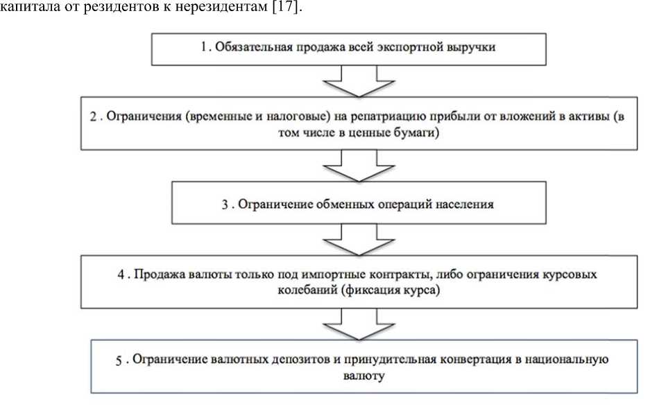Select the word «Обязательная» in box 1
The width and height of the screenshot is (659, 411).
pyautogui.click(x=245, y=48)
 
